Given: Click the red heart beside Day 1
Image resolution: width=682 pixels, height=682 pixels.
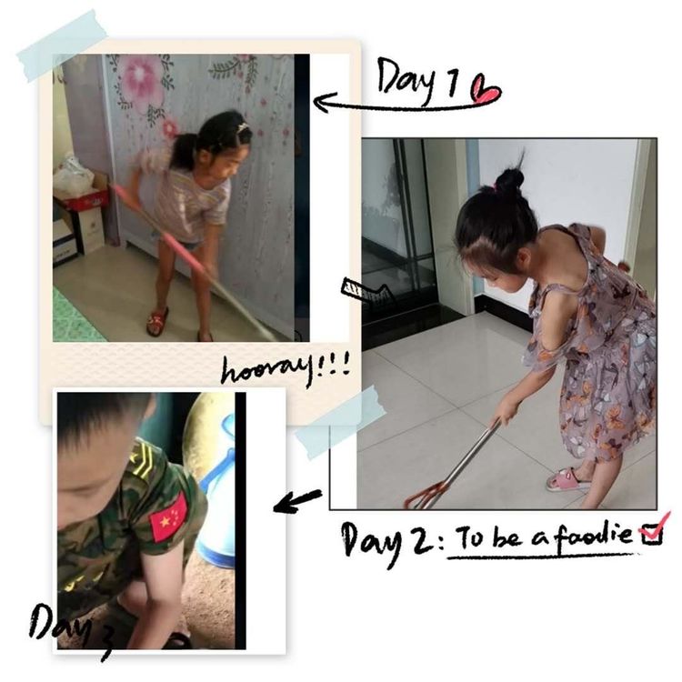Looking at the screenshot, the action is (x=486, y=90).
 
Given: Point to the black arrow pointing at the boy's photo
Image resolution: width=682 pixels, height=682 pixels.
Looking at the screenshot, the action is (x=297, y=500).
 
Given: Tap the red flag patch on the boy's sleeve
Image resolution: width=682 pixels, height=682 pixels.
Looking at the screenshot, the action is (x=169, y=516).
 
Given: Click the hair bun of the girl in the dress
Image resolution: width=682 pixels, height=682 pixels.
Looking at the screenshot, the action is (x=510, y=178).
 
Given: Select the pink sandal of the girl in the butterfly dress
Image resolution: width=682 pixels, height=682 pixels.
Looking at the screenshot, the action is (x=567, y=479).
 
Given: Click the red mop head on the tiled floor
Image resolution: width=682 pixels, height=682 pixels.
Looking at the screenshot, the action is (x=423, y=496).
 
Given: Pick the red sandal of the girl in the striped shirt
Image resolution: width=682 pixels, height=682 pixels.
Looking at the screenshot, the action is (x=157, y=321).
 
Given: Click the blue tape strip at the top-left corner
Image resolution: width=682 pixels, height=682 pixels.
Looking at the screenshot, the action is (x=62, y=45).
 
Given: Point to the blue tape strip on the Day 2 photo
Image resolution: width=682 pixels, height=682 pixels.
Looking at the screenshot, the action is (x=340, y=423).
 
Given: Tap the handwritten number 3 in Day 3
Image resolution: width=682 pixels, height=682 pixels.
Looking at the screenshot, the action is (x=104, y=643).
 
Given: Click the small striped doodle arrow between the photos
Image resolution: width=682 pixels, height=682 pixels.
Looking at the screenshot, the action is (x=368, y=290).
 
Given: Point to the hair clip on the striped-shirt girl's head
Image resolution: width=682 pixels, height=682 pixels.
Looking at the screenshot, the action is (x=242, y=128).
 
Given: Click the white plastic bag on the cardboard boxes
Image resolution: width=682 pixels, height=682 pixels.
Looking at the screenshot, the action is (x=73, y=176).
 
